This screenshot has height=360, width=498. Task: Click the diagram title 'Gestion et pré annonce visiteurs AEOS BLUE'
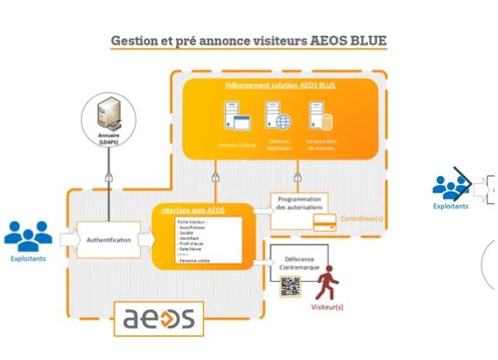click(x=249, y=41)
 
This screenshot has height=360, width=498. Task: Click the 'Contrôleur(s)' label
click(x=361, y=215)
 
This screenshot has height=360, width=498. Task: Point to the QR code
click(x=290, y=286)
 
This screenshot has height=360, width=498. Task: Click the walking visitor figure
click(x=328, y=284)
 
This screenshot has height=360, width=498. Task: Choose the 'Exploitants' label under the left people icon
click(x=28, y=260)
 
